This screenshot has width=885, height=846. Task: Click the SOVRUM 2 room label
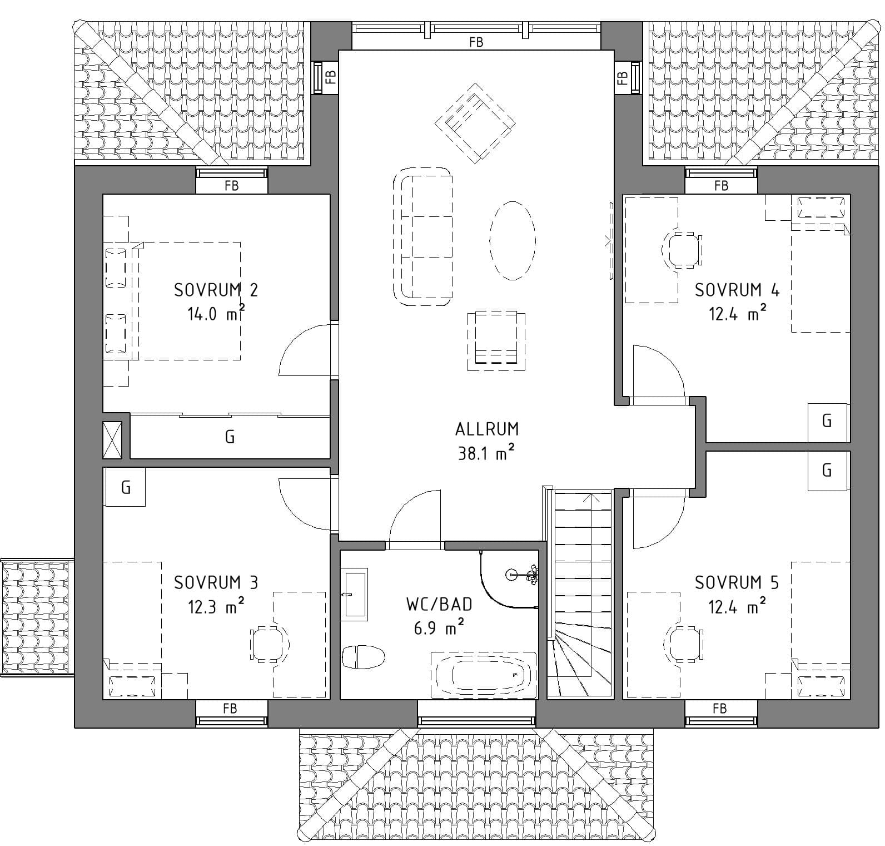(216, 290)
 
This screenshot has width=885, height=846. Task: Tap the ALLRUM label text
(487, 429)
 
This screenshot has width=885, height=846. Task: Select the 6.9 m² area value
(439, 627)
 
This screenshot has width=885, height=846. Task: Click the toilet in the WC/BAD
(364, 657)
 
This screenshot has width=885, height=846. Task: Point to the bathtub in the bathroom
(484, 675)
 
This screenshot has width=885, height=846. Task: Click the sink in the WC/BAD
(355, 594)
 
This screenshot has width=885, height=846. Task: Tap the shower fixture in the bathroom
(523, 575)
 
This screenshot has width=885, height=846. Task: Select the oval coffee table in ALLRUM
(513, 240)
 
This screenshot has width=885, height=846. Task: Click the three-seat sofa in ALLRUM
(422, 236)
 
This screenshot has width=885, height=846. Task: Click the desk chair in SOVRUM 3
(270, 645)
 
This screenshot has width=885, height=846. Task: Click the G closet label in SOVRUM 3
(126, 487)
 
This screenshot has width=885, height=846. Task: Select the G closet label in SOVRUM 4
(827, 421)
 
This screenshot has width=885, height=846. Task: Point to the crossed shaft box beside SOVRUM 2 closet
(112, 440)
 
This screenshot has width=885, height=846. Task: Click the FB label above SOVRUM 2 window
(231, 186)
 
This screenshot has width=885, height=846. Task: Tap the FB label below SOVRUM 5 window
(719, 708)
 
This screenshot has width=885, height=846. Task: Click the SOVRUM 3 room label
(216, 582)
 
